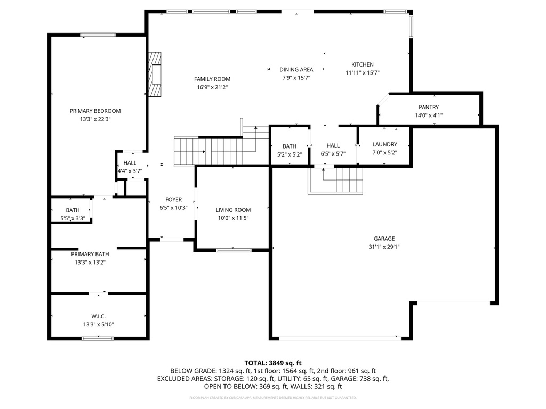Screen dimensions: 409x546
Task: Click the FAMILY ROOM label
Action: [x=212, y=79]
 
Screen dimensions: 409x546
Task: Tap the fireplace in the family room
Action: [x=155, y=75]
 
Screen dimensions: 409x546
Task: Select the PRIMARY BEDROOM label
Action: [x=95, y=111]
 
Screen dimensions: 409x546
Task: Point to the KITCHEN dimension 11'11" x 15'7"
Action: [x=362, y=73]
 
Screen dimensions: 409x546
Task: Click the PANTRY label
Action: [x=429, y=108]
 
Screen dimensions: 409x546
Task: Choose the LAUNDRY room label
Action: [x=384, y=144]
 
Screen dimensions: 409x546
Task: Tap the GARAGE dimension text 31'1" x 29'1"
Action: [x=384, y=247]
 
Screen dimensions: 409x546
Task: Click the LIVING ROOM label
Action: [x=233, y=210]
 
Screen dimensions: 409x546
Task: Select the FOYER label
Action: [x=173, y=200]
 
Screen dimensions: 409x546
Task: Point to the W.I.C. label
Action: [x=98, y=316]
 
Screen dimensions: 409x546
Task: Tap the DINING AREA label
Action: [x=296, y=69]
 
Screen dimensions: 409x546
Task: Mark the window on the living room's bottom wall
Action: [x=234, y=249]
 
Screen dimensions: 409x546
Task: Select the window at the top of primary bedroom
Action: [x=98, y=35]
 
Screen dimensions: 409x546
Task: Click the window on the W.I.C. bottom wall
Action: [x=98, y=338]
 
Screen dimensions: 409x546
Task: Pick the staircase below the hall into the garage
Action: [x=336, y=180]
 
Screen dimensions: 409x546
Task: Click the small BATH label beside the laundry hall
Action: [x=290, y=146]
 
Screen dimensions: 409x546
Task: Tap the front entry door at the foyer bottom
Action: [x=171, y=239]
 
